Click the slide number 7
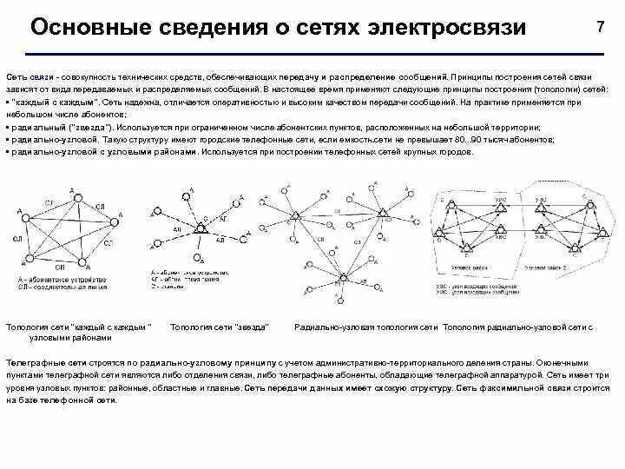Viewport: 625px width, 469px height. pyautogui.click(x=600, y=27)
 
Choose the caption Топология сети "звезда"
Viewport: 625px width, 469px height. pyautogui.click(x=219, y=327)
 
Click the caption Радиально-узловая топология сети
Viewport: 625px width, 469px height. pyautogui.click(x=366, y=327)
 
